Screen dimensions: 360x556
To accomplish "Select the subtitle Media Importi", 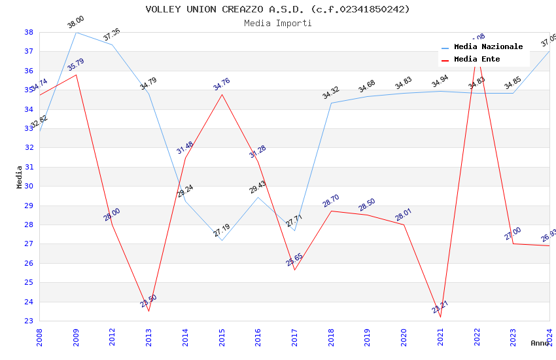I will click(277, 23).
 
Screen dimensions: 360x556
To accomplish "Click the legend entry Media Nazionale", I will click(488, 47).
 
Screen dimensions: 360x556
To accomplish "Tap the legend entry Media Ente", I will click(477, 59).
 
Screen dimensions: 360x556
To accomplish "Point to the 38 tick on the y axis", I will click(29, 32).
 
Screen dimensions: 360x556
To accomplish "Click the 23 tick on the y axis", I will click(29, 321).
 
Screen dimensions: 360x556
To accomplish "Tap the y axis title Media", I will click(20, 177).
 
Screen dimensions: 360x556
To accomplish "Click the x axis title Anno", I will click(540, 343).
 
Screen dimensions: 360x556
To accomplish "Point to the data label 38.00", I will click(76, 23).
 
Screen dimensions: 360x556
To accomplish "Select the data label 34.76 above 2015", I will click(222, 84).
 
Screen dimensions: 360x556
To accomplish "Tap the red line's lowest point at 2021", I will click(440, 317).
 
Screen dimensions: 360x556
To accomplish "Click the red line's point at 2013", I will click(149, 312).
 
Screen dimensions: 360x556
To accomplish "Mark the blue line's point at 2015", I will click(222, 240).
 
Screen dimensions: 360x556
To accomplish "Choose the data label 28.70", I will click(331, 201).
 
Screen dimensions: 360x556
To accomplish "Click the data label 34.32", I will click(331, 93).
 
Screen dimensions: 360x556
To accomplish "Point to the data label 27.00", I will click(513, 234).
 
